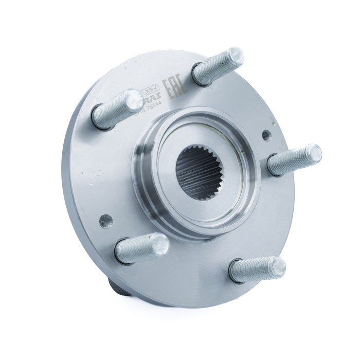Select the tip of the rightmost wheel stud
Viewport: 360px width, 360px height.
click(313, 153)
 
